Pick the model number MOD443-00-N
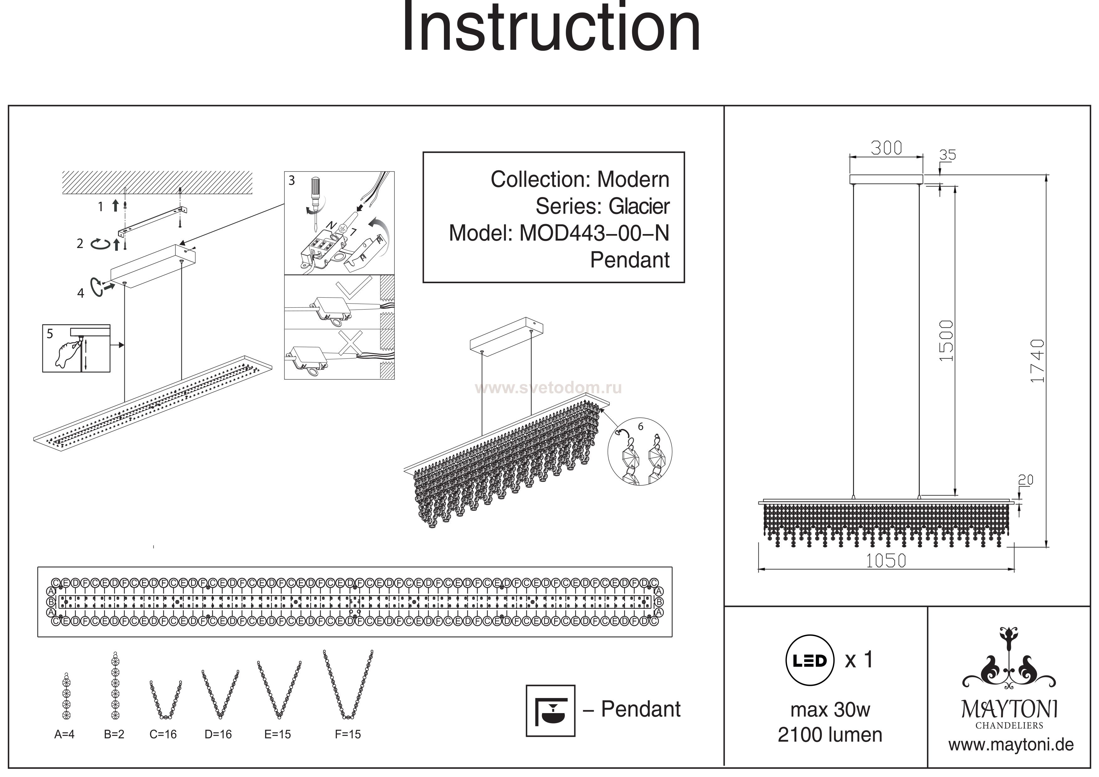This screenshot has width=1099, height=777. point(594,233)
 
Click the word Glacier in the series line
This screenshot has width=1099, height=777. point(639,206)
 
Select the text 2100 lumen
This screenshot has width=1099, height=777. point(830,734)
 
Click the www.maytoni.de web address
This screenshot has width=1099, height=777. point(1011,744)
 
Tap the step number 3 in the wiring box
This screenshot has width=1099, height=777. point(291,180)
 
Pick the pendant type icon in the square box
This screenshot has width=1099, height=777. point(550,711)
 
